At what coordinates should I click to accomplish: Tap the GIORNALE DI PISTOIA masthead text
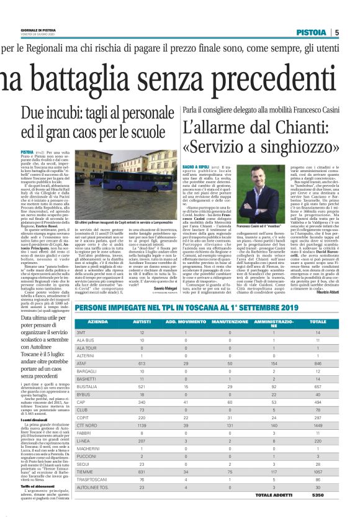[x=23, y=29]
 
